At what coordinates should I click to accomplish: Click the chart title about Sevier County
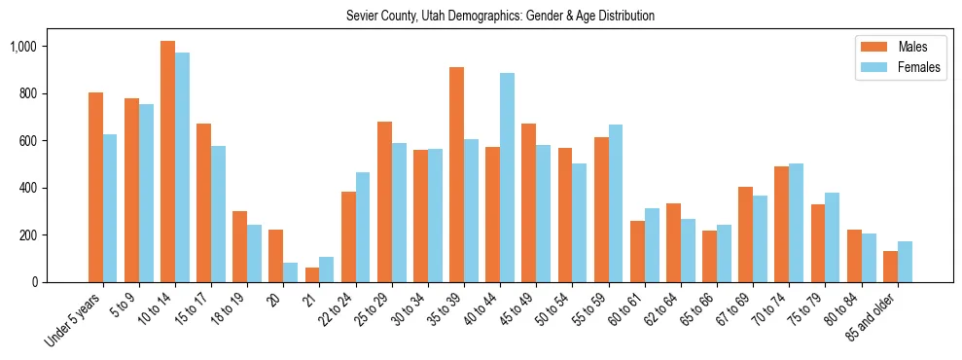[x=500, y=16]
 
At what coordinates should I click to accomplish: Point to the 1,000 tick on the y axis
[x=23, y=47]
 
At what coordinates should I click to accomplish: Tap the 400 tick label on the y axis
[x=27, y=188]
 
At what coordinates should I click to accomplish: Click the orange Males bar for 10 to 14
[x=168, y=162]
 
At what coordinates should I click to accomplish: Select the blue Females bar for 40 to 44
[x=507, y=177]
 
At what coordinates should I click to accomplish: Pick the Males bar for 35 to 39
[x=456, y=175]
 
